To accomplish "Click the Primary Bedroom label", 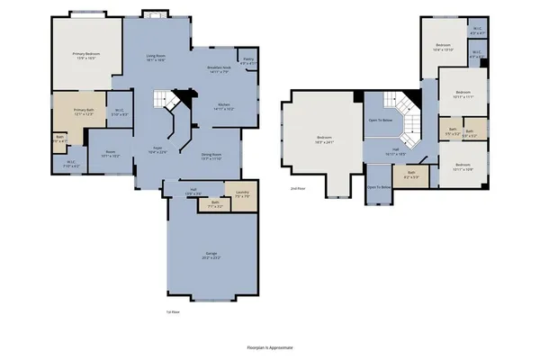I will click(x=85, y=56).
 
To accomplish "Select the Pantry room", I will click(x=248, y=61).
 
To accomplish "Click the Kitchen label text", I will click(x=223, y=107).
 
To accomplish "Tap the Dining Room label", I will click(x=211, y=156).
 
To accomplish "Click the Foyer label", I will click(x=157, y=150).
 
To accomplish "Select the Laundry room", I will click(x=242, y=194).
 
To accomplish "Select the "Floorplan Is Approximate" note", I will click(x=269, y=346).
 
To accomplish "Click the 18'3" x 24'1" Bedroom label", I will click(x=325, y=139).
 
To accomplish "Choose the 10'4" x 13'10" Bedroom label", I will click(x=443, y=46).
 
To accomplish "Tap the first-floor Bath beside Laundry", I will click(x=216, y=203).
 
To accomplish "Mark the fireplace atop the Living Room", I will click(x=153, y=14).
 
